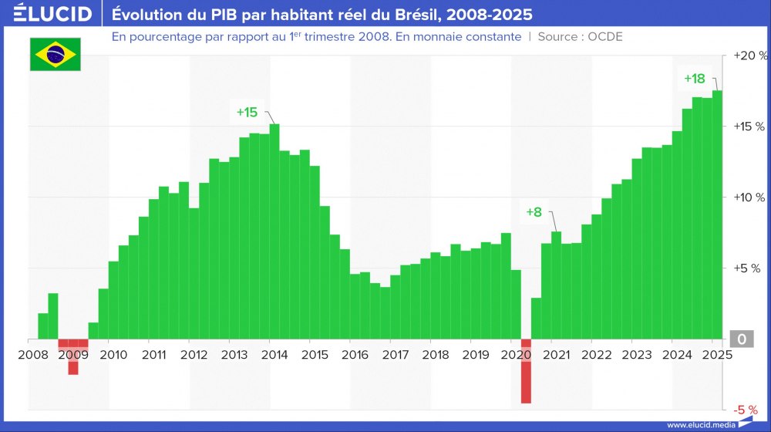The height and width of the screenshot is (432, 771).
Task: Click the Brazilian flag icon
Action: (x=55, y=53)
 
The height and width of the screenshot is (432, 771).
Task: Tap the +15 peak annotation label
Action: (x=247, y=112)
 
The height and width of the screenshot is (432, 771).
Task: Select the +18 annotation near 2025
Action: (x=694, y=78)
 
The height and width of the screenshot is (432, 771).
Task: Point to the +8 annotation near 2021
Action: (x=534, y=212)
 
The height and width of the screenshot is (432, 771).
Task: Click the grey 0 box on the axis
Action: (x=741, y=339)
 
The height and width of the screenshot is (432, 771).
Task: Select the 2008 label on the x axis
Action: (x=32, y=355)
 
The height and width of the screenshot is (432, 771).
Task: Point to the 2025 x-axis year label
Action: (x=715, y=355)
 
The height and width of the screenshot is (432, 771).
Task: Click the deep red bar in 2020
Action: (x=526, y=370)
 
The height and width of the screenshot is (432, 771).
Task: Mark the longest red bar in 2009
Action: (x=73, y=356)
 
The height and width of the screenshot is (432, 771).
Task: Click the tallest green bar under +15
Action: (x=274, y=231)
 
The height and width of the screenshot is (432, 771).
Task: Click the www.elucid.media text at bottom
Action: (x=700, y=424)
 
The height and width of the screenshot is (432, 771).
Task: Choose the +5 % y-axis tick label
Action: (x=747, y=268)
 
